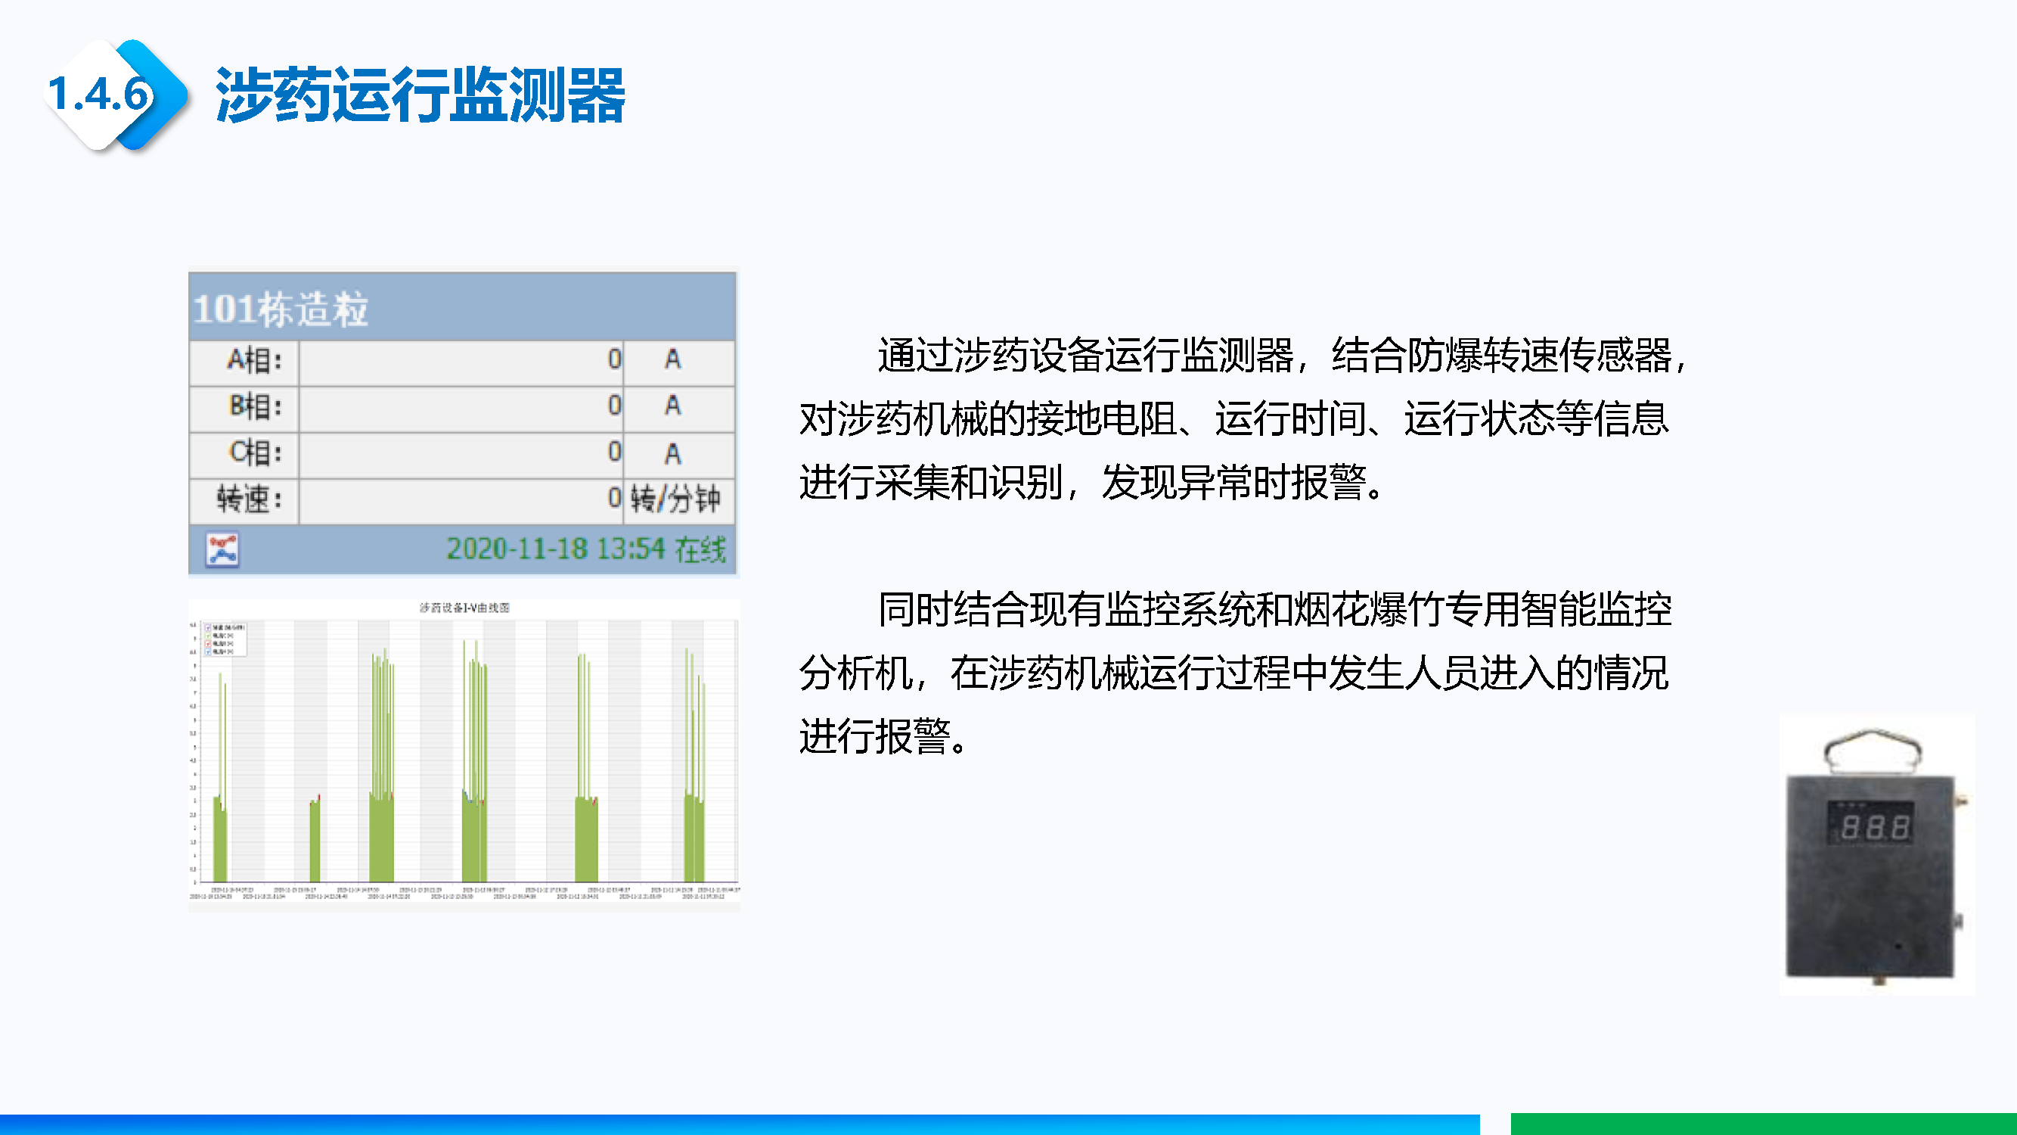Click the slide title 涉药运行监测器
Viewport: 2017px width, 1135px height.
coord(420,95)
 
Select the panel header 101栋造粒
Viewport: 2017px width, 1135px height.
coord(281,309)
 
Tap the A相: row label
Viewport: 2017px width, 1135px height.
coord(253,360)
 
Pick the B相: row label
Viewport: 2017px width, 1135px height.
coord(253,406)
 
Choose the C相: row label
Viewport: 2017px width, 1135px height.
coord(253,452)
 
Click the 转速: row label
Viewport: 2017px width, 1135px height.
coord(248,499)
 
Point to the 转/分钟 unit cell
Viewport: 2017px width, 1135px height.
coord(675,499)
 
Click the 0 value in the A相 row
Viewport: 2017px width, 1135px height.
coord(614,360)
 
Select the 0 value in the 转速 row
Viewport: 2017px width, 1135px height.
coord(614,498)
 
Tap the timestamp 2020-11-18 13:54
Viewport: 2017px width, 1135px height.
coord(555,549)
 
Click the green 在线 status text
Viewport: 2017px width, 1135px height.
coord(700,550)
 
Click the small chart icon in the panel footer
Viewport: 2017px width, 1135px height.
coord(222,549)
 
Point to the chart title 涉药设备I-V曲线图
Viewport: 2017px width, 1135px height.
coord(464,608)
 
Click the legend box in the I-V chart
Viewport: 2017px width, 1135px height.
coord(225,639)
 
